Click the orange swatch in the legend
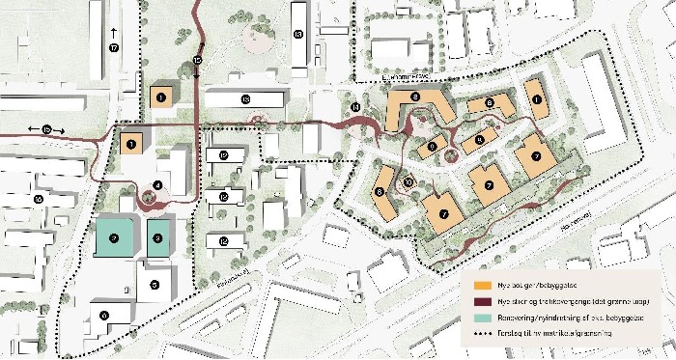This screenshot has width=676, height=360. tap(480, 287)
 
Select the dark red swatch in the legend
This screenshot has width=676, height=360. tap(480, 301)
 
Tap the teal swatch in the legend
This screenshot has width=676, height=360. tap(480, 318)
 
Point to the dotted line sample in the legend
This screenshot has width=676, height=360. tap(480, 334)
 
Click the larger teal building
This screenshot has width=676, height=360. tap(115, 237)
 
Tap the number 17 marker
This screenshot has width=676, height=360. tap(114, 47)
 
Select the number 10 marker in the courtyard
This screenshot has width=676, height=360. tap(408, 180)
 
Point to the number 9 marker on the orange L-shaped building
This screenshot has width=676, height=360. tap(415, 97)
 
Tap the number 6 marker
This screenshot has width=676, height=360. tap(104, 316)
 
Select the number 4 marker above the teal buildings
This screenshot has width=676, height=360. tap(157, 185)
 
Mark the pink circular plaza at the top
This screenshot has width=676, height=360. tap(257, 40)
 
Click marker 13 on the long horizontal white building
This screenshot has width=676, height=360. tap(245, 99)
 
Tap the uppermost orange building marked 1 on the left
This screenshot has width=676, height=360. tap(161, 97)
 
